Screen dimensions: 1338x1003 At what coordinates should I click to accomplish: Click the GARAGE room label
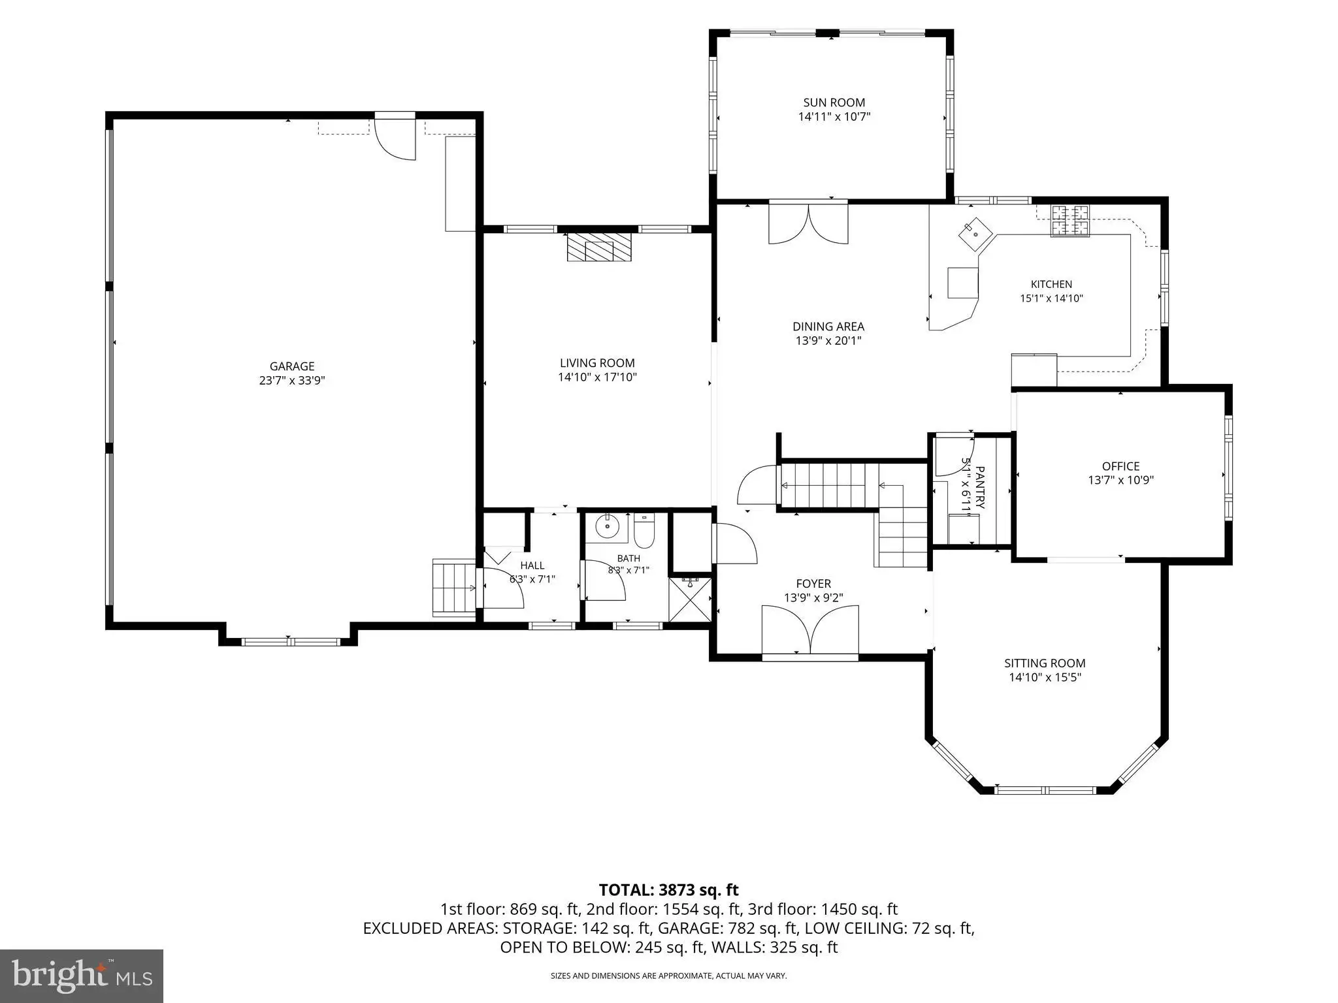pos(292,366)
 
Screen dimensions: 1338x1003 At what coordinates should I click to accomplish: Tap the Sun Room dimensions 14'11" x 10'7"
pos(834,117)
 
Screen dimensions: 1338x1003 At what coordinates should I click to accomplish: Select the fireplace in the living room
pos(600,247)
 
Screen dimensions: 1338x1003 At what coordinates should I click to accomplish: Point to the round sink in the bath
pos(608,526)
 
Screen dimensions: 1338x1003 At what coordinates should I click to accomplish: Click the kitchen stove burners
pos(1070,221)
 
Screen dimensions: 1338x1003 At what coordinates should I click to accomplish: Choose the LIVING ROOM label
pos(597,363)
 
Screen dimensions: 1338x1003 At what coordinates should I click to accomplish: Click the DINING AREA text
pos(828,326)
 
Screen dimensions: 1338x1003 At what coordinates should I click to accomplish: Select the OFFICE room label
pos(1121,466)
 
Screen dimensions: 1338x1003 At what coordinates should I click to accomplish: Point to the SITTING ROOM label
pos(1045,663)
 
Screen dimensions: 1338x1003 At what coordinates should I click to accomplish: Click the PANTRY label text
pos(979,487)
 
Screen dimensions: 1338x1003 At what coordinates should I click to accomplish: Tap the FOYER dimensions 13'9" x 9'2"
pos(813,597)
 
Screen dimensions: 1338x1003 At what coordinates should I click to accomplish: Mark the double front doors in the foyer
pos(810,630)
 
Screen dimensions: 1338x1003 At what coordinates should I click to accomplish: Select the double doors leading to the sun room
pos(809,223)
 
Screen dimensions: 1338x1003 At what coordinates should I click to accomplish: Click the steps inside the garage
pos(454,587)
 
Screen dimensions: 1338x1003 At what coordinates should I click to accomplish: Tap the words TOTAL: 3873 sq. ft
pos(668,889)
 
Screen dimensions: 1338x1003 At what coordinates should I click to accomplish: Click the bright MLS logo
pos(82,976)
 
